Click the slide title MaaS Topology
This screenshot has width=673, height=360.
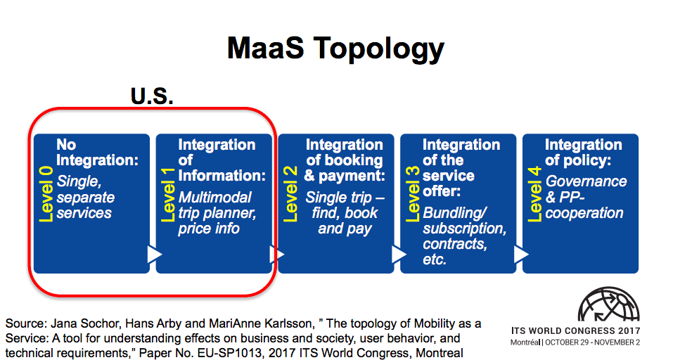coord(335,49)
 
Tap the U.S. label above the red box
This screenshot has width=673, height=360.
coord(152,96)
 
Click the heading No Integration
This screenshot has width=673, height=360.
coord(97,153)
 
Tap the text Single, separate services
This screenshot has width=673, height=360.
coord(86,197)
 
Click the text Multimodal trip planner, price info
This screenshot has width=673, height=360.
coord(214,213)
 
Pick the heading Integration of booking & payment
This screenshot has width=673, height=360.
coord(345,160)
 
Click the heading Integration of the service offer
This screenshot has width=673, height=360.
coord(461,168)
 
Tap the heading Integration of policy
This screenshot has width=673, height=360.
coord(584,153)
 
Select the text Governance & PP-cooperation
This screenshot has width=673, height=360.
coord(585,197)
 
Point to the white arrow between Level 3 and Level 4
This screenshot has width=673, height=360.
coord(520,255)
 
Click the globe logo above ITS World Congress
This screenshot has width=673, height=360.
coord(608,304)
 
